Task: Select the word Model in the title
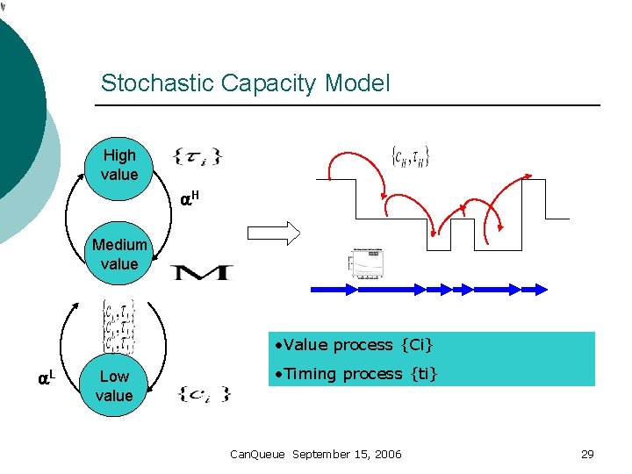(x=357, y=83)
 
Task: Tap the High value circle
(x=119, y=165)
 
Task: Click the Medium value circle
(x=119, y=255)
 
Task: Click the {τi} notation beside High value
(x=197, y=157)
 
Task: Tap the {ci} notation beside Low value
(x=203, y=392)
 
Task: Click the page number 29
(x=587, y=454)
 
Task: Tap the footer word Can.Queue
(x=257, y=454)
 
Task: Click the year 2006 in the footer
(x=386, y=454)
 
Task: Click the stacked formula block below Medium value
(x=118, y=327)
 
